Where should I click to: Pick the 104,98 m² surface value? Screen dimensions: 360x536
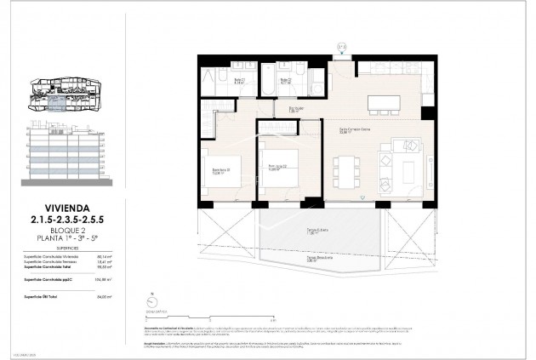point(105,277)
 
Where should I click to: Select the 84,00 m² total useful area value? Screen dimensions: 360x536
point(105,295)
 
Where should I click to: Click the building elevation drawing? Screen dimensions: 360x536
point(68,154)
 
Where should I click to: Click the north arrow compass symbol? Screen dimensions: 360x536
point(151,300)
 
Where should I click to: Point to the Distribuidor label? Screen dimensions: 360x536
point(295,110)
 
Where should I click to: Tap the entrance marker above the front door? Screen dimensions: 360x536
point(341,47)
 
